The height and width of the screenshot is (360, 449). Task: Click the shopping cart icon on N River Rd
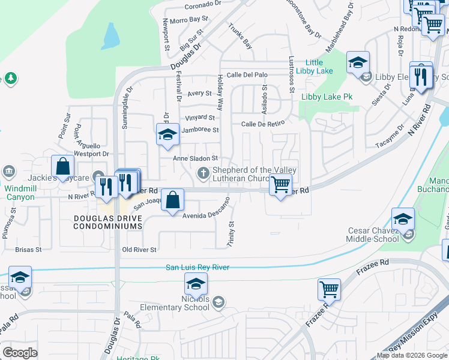point(280,185)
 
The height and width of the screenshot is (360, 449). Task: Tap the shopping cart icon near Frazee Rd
point(329,290)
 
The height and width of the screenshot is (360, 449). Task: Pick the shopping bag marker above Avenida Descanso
point(173,200)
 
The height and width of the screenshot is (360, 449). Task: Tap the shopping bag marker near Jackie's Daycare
point(62,167)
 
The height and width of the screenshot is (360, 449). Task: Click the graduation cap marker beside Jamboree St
point(167,134)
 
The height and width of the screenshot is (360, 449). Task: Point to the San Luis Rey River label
point(197,267)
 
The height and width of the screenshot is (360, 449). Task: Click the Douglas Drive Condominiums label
point(108,222)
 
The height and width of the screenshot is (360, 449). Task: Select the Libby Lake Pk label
point(327,97)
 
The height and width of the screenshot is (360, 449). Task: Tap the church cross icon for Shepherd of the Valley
point(203,173)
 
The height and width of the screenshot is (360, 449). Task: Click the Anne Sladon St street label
point(194,158)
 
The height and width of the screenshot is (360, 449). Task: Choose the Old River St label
point(139,250)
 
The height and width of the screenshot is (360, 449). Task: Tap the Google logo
point(20,352)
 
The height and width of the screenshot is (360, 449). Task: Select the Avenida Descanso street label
point(206,214)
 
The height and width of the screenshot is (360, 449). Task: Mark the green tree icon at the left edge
point(10,79)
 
